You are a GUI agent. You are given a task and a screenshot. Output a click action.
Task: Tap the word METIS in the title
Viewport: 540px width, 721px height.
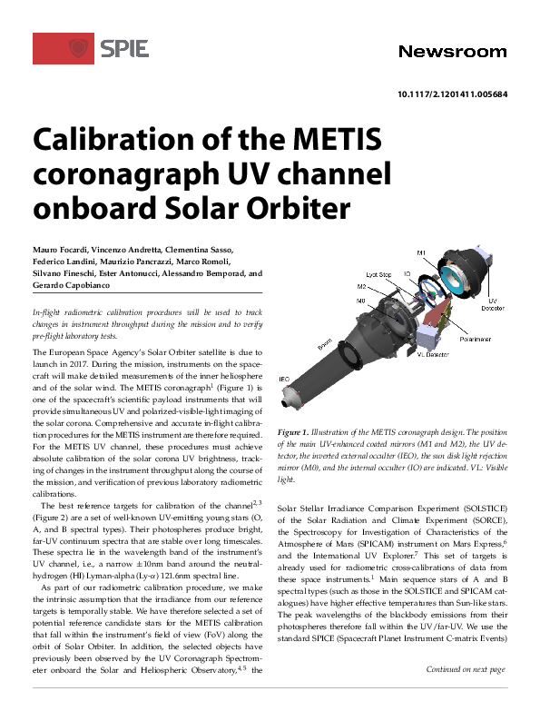pyautogui.click(x=330, y=141)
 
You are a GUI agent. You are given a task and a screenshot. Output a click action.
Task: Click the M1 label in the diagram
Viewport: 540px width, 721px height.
pyautogui.click(x=421, y=252)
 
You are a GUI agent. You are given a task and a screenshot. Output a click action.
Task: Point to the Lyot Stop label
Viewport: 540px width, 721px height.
pyautogui.click(x=379, y=273)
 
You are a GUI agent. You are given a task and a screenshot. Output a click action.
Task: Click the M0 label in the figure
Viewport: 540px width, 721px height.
pyautogui.click(x=361, y=300)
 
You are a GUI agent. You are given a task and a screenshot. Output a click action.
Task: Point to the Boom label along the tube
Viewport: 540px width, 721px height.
pyautogui.click(x=325, y=345)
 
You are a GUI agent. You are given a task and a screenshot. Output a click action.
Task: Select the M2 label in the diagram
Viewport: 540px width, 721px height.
pyautogui.click(x=361, y=285)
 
